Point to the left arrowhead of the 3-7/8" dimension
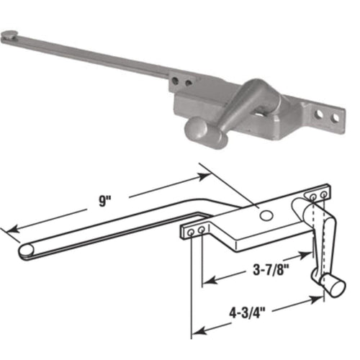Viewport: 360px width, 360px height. (208, 279)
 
